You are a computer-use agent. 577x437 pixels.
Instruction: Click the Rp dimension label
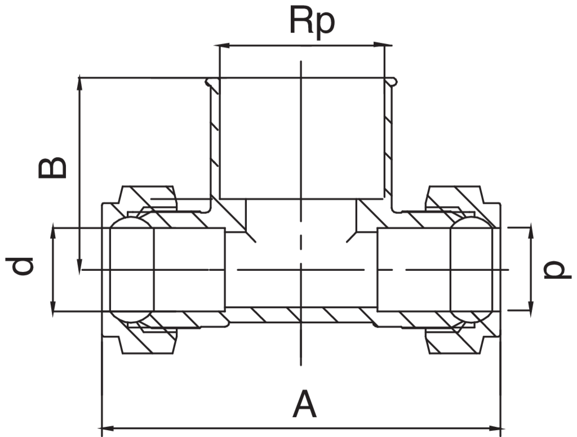pos(312,22)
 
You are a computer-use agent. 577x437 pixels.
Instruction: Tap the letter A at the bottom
pos(304,405)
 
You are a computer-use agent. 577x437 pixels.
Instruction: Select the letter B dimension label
pos(52,168)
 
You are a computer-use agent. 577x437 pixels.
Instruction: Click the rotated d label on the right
pos(555,270)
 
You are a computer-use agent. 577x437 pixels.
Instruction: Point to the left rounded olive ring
pos(131,269)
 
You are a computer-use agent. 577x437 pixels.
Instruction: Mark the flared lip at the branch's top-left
pos(211,83)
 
